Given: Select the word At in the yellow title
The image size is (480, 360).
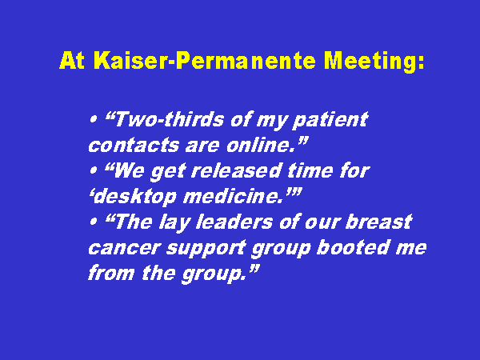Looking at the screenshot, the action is (72, 60).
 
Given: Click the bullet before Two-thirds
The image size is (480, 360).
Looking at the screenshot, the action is (93, 118).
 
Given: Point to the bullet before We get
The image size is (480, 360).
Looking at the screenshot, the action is (93, 170).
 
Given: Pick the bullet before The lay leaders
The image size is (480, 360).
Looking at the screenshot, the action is (93, 222).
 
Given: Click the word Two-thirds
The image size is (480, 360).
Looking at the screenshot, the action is (169, 118).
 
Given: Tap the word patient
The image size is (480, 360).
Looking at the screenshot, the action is (330, 120).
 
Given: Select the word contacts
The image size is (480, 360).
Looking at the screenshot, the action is (134, 145).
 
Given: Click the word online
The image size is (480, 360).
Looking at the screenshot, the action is (262, 145).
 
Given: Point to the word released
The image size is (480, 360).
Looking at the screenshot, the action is (236, 170).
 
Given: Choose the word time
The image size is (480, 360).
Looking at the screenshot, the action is (310, 170).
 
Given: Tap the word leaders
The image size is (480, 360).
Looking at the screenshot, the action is (234, 222).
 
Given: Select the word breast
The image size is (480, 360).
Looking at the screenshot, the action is (378, 222).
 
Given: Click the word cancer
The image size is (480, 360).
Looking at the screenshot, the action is (125, 248).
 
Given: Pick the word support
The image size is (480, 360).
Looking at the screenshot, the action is (206, 249).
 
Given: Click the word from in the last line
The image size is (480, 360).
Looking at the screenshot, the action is (111, 273).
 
